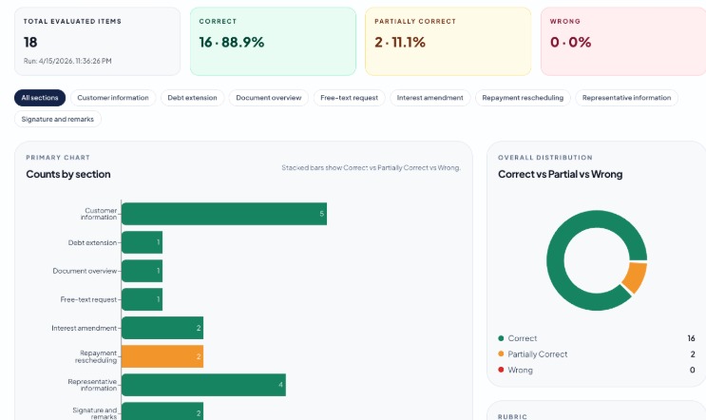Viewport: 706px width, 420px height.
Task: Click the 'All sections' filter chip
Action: [40, 98]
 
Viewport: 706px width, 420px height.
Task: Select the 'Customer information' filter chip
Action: [113, 98]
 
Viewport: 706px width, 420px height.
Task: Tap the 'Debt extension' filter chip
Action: [193, 98]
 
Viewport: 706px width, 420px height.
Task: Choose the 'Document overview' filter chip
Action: [269, 98]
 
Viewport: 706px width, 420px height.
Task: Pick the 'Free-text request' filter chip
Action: [349, 98]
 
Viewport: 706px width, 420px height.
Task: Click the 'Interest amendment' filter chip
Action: [429, 98]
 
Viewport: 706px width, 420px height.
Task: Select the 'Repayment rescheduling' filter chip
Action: [522, 98]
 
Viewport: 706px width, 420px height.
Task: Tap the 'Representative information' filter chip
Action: [626, 98]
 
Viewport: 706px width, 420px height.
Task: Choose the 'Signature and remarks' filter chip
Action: [58, 120]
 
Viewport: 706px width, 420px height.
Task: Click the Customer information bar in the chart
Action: [224, 214]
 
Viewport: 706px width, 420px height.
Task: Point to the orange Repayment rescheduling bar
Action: [162, 356]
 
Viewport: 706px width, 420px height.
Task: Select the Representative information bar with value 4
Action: [203, 385]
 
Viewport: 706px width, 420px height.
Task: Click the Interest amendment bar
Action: [162, 328]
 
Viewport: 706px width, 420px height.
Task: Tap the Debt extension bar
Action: [142, 242]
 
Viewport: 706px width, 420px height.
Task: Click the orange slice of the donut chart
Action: [635, 277]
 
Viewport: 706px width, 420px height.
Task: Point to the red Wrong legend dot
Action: [501, 370]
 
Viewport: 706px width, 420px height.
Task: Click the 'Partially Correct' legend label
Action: [538, 354]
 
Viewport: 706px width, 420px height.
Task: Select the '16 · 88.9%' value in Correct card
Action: [232, 42]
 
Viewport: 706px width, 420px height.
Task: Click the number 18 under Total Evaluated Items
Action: [30, 42]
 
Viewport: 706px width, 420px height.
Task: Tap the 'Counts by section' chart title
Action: [68, 174]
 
